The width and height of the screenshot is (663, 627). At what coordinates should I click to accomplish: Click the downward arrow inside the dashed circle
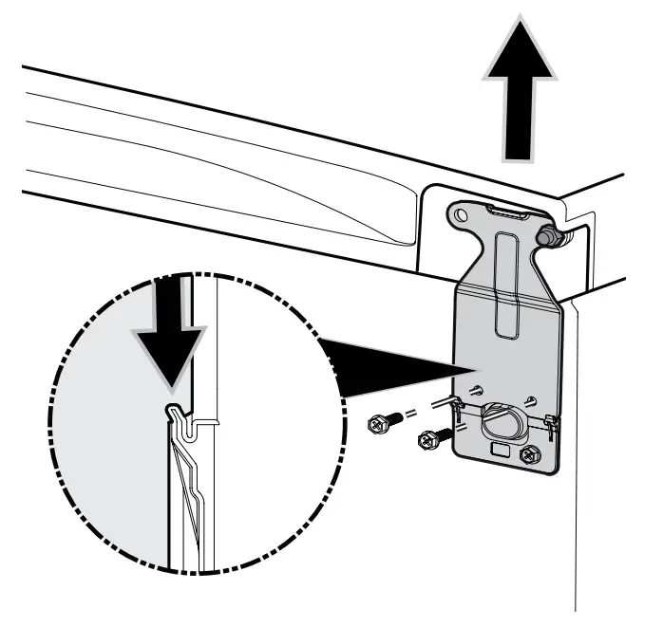tap(172, 341)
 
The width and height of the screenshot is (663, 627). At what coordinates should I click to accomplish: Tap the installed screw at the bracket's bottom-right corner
tap(528, 454)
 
